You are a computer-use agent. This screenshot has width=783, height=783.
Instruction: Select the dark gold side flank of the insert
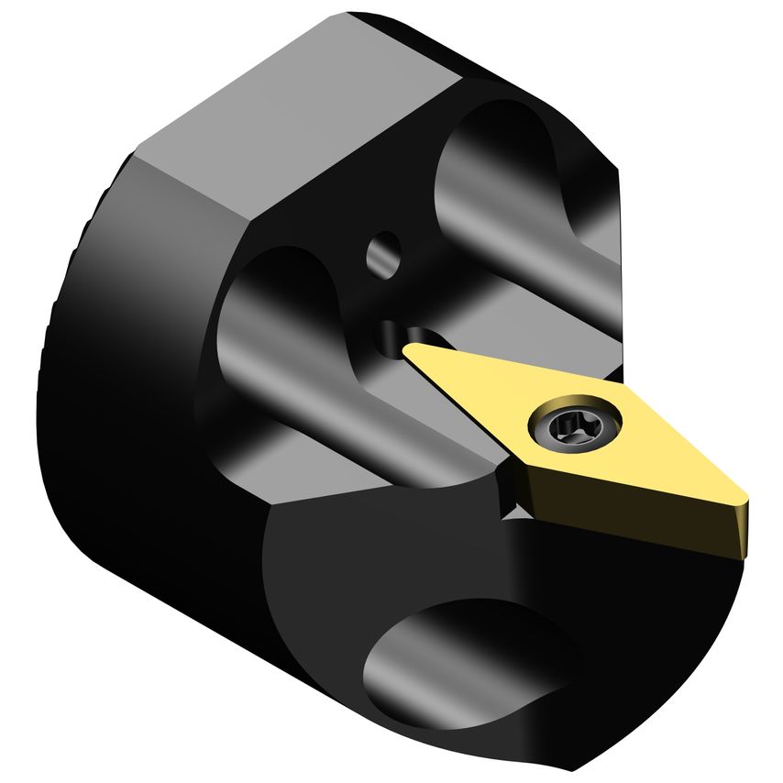click(633, 522)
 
